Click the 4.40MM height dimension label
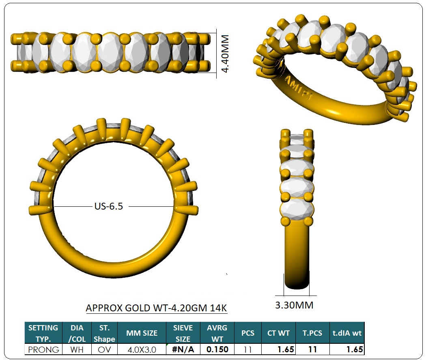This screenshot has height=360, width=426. [x=226, y=54]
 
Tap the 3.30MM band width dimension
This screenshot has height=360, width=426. [x=294, y=305]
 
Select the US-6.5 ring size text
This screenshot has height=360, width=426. [x=109, y=206]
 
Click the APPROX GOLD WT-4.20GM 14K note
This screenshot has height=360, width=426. [x=156, y=308]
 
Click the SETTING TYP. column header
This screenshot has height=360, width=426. [x=43, y=333]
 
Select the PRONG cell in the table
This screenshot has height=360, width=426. [x=43, y=349]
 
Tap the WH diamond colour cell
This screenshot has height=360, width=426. [x=77, y=349]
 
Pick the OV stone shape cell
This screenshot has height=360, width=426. [x=104, y=349]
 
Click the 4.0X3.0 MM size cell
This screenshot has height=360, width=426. [x=142, y=349]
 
